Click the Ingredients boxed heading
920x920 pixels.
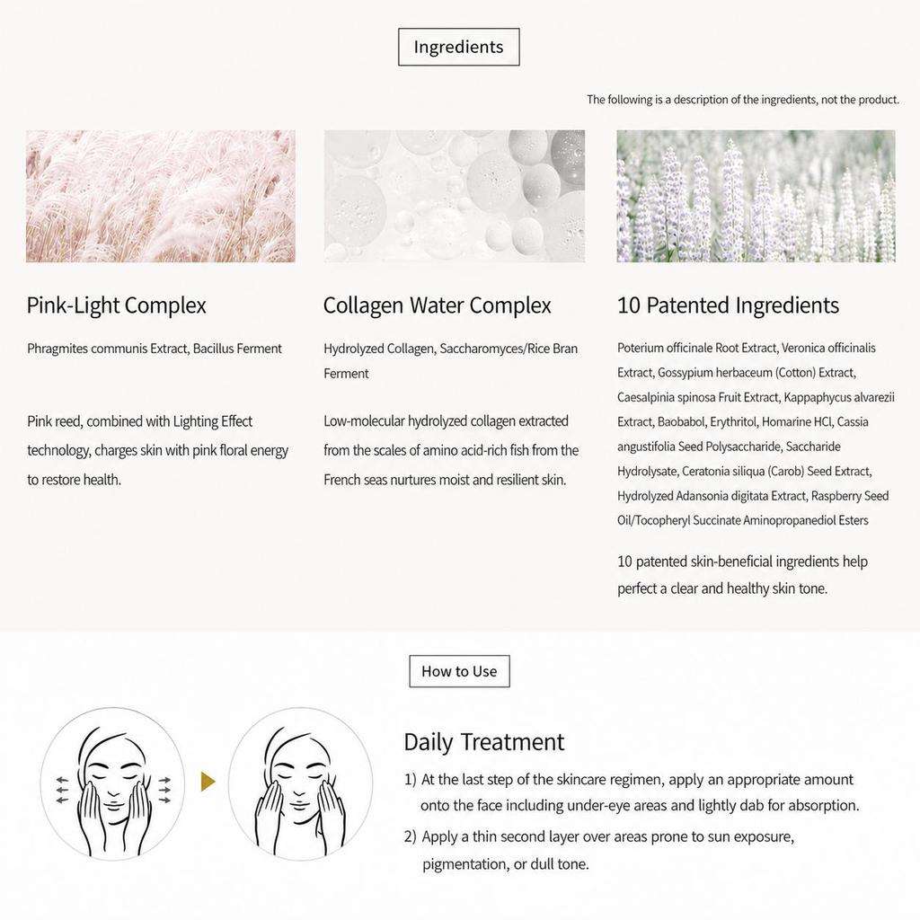pyautogui.click(x=459, y=47)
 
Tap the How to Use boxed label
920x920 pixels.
pyautogui.click(x=459, y=671)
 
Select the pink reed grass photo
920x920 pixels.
pyautogui.click(x=161, y=196)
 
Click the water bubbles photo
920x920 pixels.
pyautogui.click(x=454, y=196)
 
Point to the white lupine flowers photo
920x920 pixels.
pyautogui.click(x=756, y=196)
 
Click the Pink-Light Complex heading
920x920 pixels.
pyautogui.click(x=117, y=305)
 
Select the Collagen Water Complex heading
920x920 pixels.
pyautogui.click(x=438, y=305)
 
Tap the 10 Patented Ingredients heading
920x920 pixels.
pyautogui.click(x=728, y=305)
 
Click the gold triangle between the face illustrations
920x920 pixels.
pyautogui.click(x=208, y=782)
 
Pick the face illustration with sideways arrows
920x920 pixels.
pyautogui.click(x=112, y=783)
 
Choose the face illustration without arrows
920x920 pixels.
pyautogui.click(x=300, y=783)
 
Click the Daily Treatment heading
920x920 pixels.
pyautogui.click(x=484, y=742)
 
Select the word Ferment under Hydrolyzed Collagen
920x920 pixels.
pyautogui.click(x=346, y=374)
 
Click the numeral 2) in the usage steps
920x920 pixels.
pyautogui.click(x=410, y=836)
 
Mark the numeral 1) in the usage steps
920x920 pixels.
pyautogui.click(x=410, y=780)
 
